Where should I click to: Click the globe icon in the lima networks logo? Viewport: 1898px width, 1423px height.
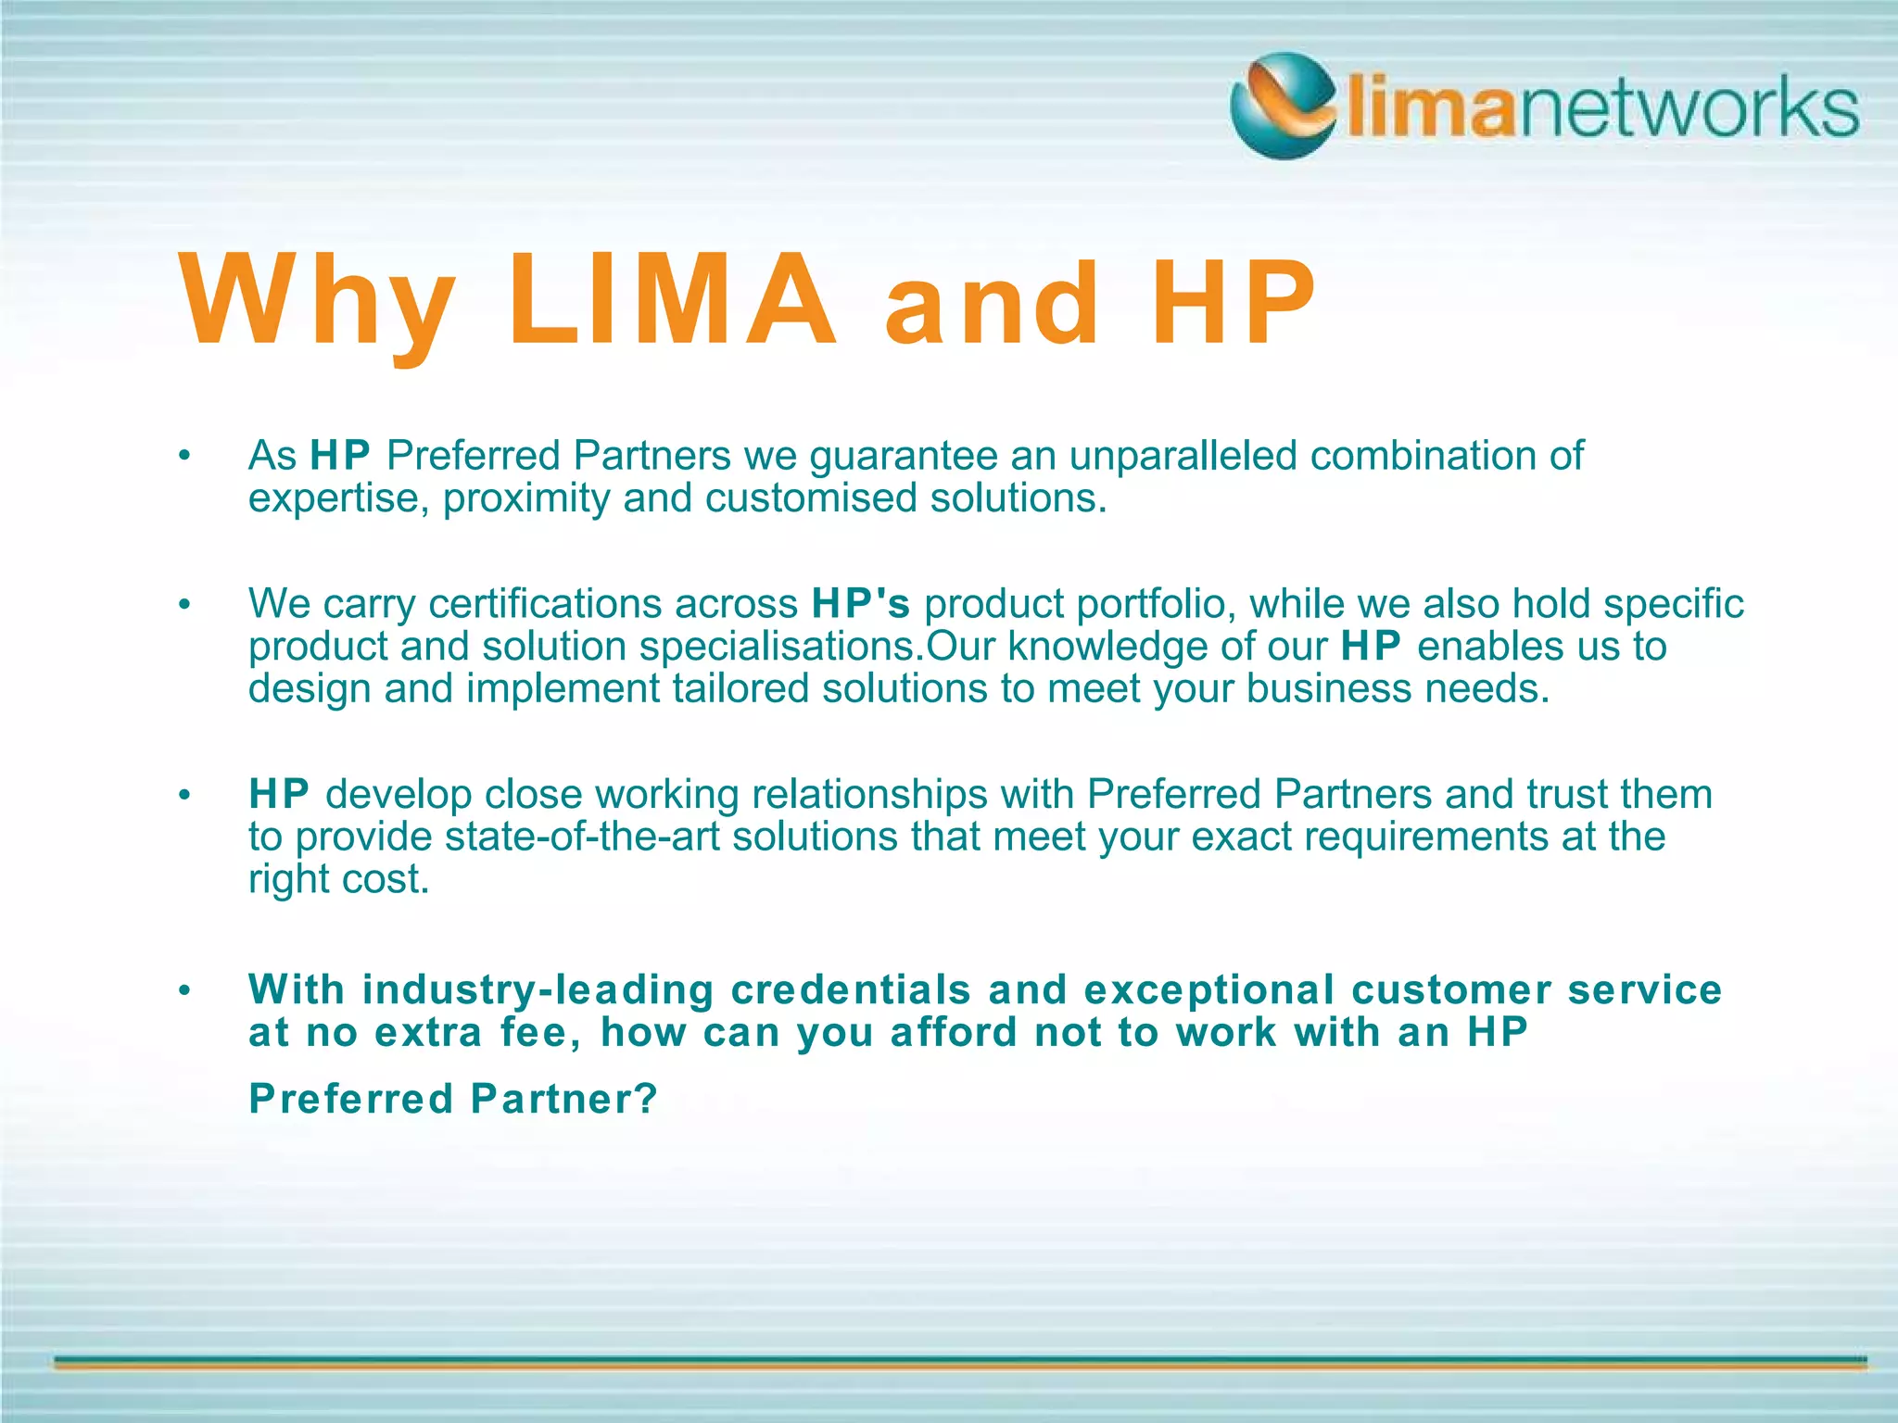point(1284,105)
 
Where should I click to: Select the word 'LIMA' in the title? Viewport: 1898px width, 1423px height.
point(673,300)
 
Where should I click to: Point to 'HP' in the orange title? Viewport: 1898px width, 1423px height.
point(1233,302)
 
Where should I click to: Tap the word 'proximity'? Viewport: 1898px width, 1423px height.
point(526,498)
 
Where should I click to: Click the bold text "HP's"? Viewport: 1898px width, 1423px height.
point(861,604)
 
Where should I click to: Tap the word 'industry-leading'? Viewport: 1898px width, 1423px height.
point(538,989)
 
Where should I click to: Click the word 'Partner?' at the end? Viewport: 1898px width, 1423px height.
point(564,1100)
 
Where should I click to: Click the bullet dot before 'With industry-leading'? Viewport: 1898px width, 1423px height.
point(184,990)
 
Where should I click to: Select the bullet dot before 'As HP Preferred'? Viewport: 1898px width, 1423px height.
point(184,456)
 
